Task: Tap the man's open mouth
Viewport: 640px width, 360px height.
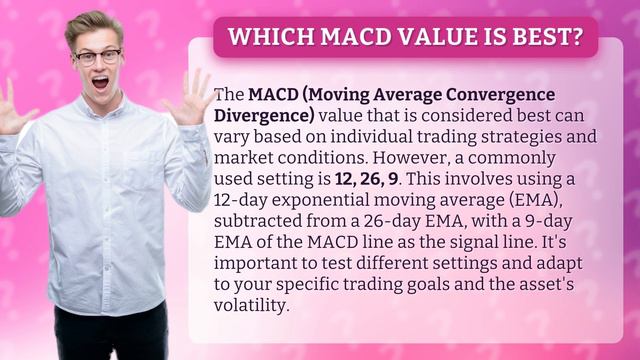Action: [101, 83]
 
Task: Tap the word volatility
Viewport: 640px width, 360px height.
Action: [252, 305]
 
